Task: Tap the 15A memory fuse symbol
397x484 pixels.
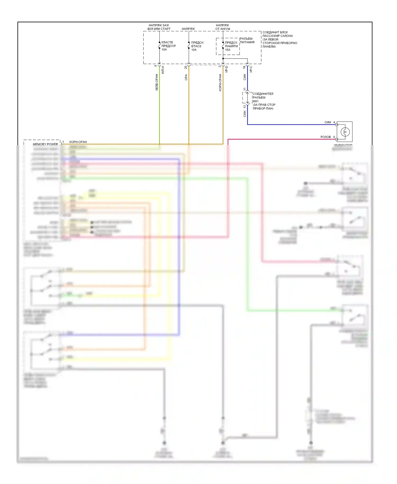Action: pyautogui.click(x=223, y=46)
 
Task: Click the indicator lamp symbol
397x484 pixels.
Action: pyautogui.click(x=345, y=132)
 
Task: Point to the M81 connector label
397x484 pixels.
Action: pyautogui.click(x=256, y=101)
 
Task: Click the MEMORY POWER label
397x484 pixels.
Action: pyautogui.click(x=45, y=144)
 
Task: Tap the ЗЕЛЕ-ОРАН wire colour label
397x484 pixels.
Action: pyautogui.click(x=157, y=82)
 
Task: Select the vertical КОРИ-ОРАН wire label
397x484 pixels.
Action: pyautogui.click(x=220, y=83)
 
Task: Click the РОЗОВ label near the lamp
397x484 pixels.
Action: pyautogui.click(x=326, y=137)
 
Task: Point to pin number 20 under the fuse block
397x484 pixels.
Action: pyautogui.click(x=186, y=67)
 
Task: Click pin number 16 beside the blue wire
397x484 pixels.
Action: pyautogui.click(x=244, y=67)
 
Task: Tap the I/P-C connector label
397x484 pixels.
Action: pyautogui.click(x=251, y=69)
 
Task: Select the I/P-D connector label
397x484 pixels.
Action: pyautogui.click(x=226, y=69)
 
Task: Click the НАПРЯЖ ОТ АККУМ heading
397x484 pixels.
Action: pyautogui.click(x=223, y=27)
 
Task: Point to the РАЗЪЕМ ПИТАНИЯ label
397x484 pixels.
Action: pyautogui.click(x=247, y=40)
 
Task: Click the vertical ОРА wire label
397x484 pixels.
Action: pyautogui.click(x=186, y=77)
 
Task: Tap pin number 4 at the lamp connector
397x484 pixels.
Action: pyautogui.click(x=334, y=122)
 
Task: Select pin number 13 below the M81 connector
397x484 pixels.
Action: pyautogui.click(x=245, y=107)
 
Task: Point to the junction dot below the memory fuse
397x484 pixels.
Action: pyautogui.click(x=223, y=59)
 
